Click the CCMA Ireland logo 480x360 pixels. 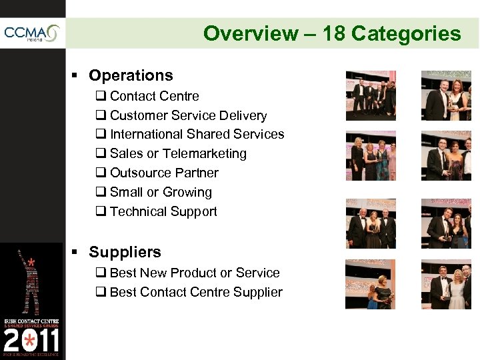point(32,33)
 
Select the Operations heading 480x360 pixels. point(131,75)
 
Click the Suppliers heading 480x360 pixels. point(125,252)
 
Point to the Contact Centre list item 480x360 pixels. point(154,96)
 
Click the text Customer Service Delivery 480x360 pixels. point(188,115)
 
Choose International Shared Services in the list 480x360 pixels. point(197,134)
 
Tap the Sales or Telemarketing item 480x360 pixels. point(178,153)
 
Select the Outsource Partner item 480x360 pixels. point(164,173)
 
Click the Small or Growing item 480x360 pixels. point(161,192)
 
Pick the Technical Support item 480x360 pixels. point(163,211)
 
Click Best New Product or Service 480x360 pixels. point(195,273)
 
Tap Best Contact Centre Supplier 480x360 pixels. point(196,292)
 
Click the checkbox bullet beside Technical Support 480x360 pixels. point(101,212)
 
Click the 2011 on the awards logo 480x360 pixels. point(31,341)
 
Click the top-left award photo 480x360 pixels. point(370,95)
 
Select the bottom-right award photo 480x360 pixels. point(446,285)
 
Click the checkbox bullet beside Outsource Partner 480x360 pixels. point(101,173)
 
